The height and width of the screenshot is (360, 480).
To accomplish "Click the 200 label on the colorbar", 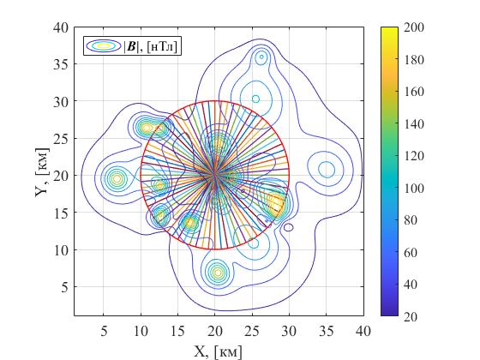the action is [414, 27].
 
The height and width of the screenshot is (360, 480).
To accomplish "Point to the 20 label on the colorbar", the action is [411, 317].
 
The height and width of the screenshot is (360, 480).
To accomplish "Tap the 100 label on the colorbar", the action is [414, 188].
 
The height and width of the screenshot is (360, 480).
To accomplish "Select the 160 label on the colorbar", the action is [414, 92].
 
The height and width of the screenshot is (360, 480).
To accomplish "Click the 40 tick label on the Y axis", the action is [61, 27].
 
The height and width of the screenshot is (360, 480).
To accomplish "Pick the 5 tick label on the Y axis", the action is [64, 287].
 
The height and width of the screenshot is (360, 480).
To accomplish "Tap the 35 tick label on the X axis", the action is [327, 331].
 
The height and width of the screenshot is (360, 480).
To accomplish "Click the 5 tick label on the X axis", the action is [104, 331].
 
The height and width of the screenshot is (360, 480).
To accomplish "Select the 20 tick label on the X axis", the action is [215, 331].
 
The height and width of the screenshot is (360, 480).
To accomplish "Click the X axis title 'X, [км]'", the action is [218, 351].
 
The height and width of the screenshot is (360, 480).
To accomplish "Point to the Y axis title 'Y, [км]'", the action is [42, 172].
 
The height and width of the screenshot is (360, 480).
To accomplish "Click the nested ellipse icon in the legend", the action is [104, 46].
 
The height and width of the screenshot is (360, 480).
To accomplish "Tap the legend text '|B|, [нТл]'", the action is [150, 46].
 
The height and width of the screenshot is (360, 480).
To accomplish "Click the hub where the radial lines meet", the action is [215, 175].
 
